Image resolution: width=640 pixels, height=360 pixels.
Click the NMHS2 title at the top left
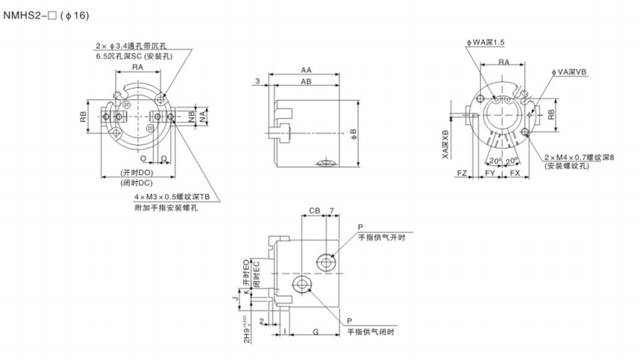pyautogui.click(x=45, y=14)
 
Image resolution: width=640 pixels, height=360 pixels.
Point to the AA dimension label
pyautogui.click(x=305, y=70)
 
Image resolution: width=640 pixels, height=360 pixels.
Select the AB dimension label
pyautogui.click(x=305, y=82)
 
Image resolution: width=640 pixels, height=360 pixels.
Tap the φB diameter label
pyautogui.click(x=353, y=131)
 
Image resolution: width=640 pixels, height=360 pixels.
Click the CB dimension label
pyautogui.click(x=314, y=211)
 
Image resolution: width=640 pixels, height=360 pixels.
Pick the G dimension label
pyautogui.click(x=314, y=332)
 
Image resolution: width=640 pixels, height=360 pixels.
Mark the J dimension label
pyautogui.click(x=235, y=298)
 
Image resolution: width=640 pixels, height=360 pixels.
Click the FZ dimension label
pyautogui.click(x=462, y=174)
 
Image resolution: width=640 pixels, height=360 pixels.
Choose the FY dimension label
pyautogui.click(x=490, y=174)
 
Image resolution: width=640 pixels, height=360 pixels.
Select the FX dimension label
pyautogui.click(x=515, y=174)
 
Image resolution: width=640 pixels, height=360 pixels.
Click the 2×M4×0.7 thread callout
pyautogui.click(x=578, y=158)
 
